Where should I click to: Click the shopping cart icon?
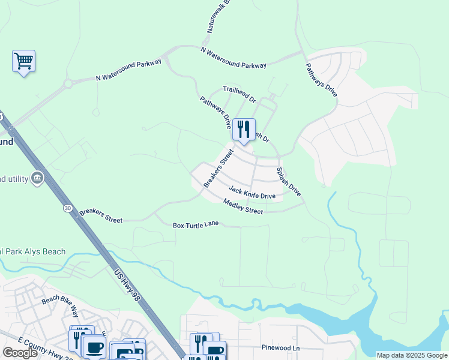point(23,61)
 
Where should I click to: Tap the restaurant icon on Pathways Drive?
point(243,129)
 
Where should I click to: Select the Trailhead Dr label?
point(240,93)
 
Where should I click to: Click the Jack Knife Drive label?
point(252,193)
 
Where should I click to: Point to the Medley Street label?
point(243,206)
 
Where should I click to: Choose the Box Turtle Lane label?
point(195,225)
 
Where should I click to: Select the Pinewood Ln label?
point(280,347)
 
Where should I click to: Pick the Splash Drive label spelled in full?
point(288,181)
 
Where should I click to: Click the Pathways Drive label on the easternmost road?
point(321,80)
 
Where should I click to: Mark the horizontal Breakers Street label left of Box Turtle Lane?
point(101,215)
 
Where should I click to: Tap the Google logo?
point(20,353)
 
